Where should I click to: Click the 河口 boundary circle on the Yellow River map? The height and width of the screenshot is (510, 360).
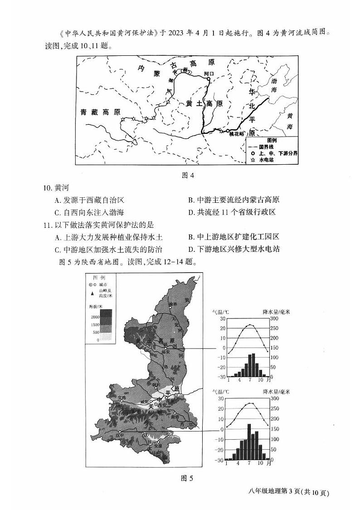[x=208, y=79]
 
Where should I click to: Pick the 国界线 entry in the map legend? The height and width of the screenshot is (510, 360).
[x=263, y=147]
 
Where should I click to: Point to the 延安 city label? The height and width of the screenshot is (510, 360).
[x=166, y=352]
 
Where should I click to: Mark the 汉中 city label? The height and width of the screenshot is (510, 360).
[x=119, y=435]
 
